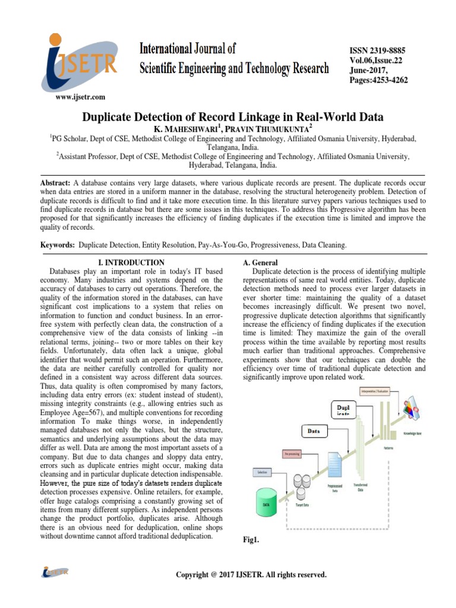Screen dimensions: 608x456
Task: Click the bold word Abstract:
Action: pos(56,182)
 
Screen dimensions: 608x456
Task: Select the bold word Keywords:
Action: pos(58,245)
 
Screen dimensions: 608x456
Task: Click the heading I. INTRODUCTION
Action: pos(131,262)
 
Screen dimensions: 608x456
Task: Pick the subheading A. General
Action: pos(261,262)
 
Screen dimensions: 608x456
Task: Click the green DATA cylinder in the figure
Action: pos(267,503)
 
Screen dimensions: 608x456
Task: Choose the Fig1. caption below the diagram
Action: pos(252,540)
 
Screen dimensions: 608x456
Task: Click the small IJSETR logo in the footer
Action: pos(55,572)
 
